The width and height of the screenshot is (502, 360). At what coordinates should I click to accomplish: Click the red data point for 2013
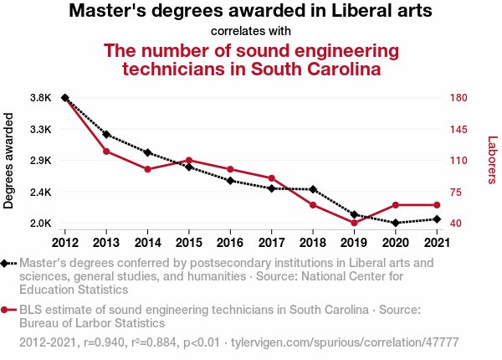pyautogui.click(x=106, y=151)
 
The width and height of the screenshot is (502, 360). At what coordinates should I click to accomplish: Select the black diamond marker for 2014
pyautogui.click(x=147, y=152)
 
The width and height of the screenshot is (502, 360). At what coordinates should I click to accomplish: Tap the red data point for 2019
pyautogui.click(x=354, y=223)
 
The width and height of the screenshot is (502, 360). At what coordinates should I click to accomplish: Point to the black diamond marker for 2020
pyautogui.click(x=395, y=223)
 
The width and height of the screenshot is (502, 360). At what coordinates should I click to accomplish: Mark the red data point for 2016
pyautogui.click(x=230, y=169)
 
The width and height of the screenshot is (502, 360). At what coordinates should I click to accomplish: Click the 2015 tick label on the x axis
pyautogui.click(x=189, y=243)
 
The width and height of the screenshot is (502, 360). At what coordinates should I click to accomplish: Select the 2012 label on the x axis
pyautogui.click(x=65, y=243)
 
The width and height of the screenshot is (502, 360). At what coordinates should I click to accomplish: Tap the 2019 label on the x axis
pyautogui.click(x=354, y=243)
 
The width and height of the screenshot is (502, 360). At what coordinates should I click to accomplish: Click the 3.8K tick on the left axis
pyautogui.click(x=40, y=98)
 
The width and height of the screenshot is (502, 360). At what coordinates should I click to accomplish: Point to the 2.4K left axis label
pyautogui.click(x=40, y=192)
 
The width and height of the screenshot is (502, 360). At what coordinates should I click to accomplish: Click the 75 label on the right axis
pyautogui.click(x=455, y=192)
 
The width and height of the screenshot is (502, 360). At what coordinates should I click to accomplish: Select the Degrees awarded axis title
pyautogui.click(x=9, y=161)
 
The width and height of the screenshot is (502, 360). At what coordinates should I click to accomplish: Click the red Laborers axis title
pyautogui.click(x=492, y=161)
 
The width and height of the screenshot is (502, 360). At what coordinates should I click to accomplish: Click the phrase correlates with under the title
pyautogui.click(x=251, y=31)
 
